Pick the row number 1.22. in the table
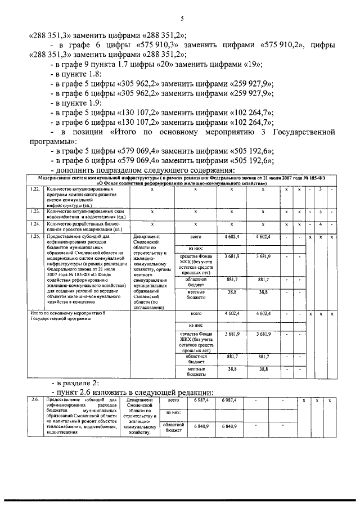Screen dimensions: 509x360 coord(35,189)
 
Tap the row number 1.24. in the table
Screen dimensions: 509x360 coord(35,224)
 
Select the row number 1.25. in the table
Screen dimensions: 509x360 coord(35,237)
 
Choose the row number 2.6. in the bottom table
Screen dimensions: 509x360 coord(35,400)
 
